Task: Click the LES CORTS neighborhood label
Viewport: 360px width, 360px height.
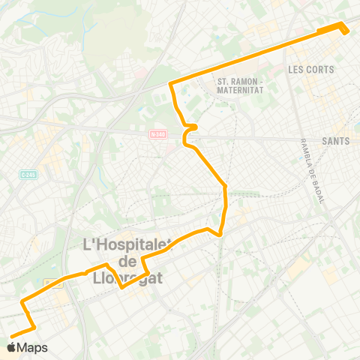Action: (x=310, y=69)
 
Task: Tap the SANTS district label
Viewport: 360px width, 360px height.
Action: (x=335, y=140)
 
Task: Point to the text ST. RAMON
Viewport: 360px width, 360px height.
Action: (x=235, y=81)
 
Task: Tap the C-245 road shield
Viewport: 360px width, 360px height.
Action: (x=28, y=174)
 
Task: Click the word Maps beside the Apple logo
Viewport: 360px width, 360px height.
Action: (x=32, y=347)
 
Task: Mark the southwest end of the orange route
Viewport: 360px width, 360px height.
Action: (x=11, y=336)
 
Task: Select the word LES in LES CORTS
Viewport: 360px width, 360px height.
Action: (x=294, y=69)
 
